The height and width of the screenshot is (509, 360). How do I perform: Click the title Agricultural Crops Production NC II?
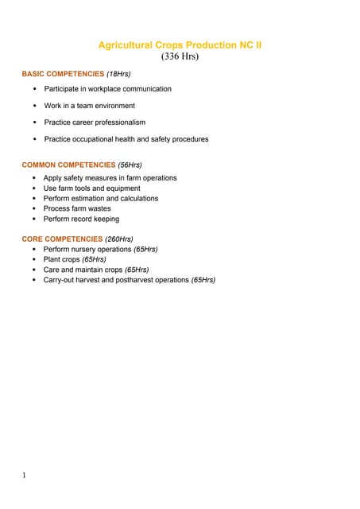click(x=179, y=45)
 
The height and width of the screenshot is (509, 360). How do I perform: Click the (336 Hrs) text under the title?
click(x=180, y=56)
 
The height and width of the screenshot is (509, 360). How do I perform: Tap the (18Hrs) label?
click(x=118, y=74)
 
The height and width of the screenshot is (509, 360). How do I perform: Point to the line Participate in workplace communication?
click(x=107, y=89)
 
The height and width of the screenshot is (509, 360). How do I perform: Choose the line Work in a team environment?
click(x=89, y=106)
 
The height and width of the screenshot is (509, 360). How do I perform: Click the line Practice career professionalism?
click(x=95, y=122)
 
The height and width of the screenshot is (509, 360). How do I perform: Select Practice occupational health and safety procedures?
click(x=126, y=139)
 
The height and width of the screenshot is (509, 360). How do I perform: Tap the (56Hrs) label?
click(x=130, y=165)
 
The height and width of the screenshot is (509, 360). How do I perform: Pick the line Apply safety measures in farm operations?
click(x=110, y=178)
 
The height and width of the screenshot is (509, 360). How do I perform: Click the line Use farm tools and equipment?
click(x=91, y=188)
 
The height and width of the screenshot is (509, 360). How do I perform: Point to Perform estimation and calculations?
click(x=100, y=199)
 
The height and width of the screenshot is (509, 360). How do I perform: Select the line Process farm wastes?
click(x=77, y=209)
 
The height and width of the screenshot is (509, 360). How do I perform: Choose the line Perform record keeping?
click(x=81, y=220)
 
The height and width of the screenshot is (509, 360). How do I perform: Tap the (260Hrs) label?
click(x=119, y=239)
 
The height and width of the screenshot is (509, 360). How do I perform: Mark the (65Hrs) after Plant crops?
click(x=95, y=259)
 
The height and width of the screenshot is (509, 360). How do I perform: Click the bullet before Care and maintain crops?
click(x=34, y=270)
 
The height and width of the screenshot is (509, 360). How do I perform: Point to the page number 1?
click(x=25, y=476)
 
